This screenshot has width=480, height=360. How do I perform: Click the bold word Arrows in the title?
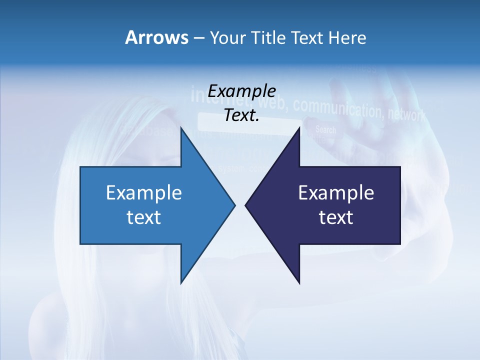pyautogui.click(x=156, y=37)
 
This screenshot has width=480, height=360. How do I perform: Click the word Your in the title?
pyautogui.click(x=227, y=37)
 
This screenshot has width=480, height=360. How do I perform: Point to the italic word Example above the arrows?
pyautogui.click(x=241, y=91)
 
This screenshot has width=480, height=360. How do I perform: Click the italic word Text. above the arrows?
pyautogui.click(x=241, y=115)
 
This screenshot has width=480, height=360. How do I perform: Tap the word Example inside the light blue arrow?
pyautogui.click(x=144, y=193)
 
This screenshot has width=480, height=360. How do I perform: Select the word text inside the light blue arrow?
pyautogui.click(x=144, y=217)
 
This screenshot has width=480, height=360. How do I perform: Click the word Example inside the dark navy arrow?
pyautogui.click(x=336, y=193)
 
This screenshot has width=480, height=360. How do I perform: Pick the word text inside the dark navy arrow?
pyautogui.click(x=336, y=217)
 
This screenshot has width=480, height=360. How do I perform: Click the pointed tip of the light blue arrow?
pyautogui.click(x=235, y=205)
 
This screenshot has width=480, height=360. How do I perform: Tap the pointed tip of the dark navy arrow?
pyautogui.click(x=245, y=205)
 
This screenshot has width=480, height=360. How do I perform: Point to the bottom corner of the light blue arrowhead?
pyautogui.click(x=181, y=283)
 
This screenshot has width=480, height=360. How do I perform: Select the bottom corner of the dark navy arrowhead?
pyautogui.click(x=299, y=283)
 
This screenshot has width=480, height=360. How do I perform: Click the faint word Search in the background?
pyautogui.click(x=325, y=130)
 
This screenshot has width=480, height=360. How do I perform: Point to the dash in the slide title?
pyautogui.click(x=198, y=38)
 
